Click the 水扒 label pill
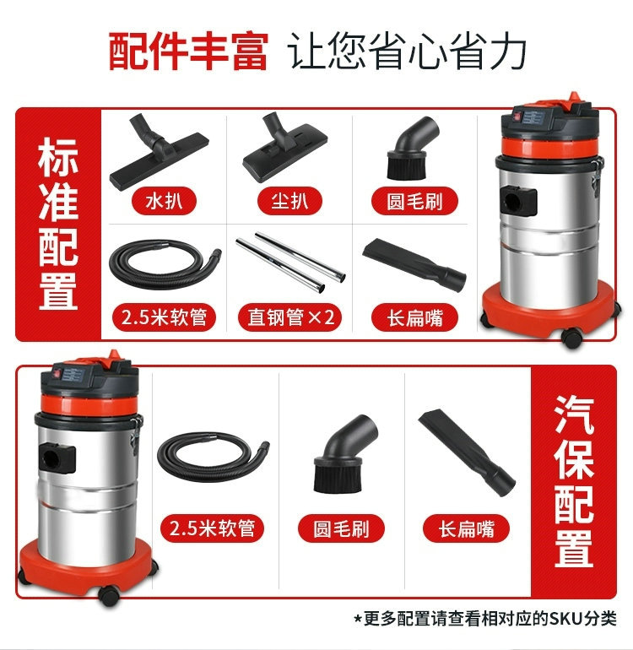(x=164, y=202)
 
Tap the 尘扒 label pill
(x=289, y=202)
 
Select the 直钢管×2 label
(x=289, y=318)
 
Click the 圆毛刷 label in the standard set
(x=414, y=202)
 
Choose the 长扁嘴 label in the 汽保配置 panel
(x=466, y=528)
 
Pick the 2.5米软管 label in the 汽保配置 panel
(x=212, y=528)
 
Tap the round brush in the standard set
(x=411, y=148)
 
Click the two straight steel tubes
(x=290, y=262)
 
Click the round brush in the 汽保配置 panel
(x=345, y=455)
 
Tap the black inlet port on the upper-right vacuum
(x=518, y=202)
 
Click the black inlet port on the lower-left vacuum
(x=57, y=458)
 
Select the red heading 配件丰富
(x=188, y=51)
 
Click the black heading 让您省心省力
(x=407, y=51)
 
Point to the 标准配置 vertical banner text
(x=58, y=224)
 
